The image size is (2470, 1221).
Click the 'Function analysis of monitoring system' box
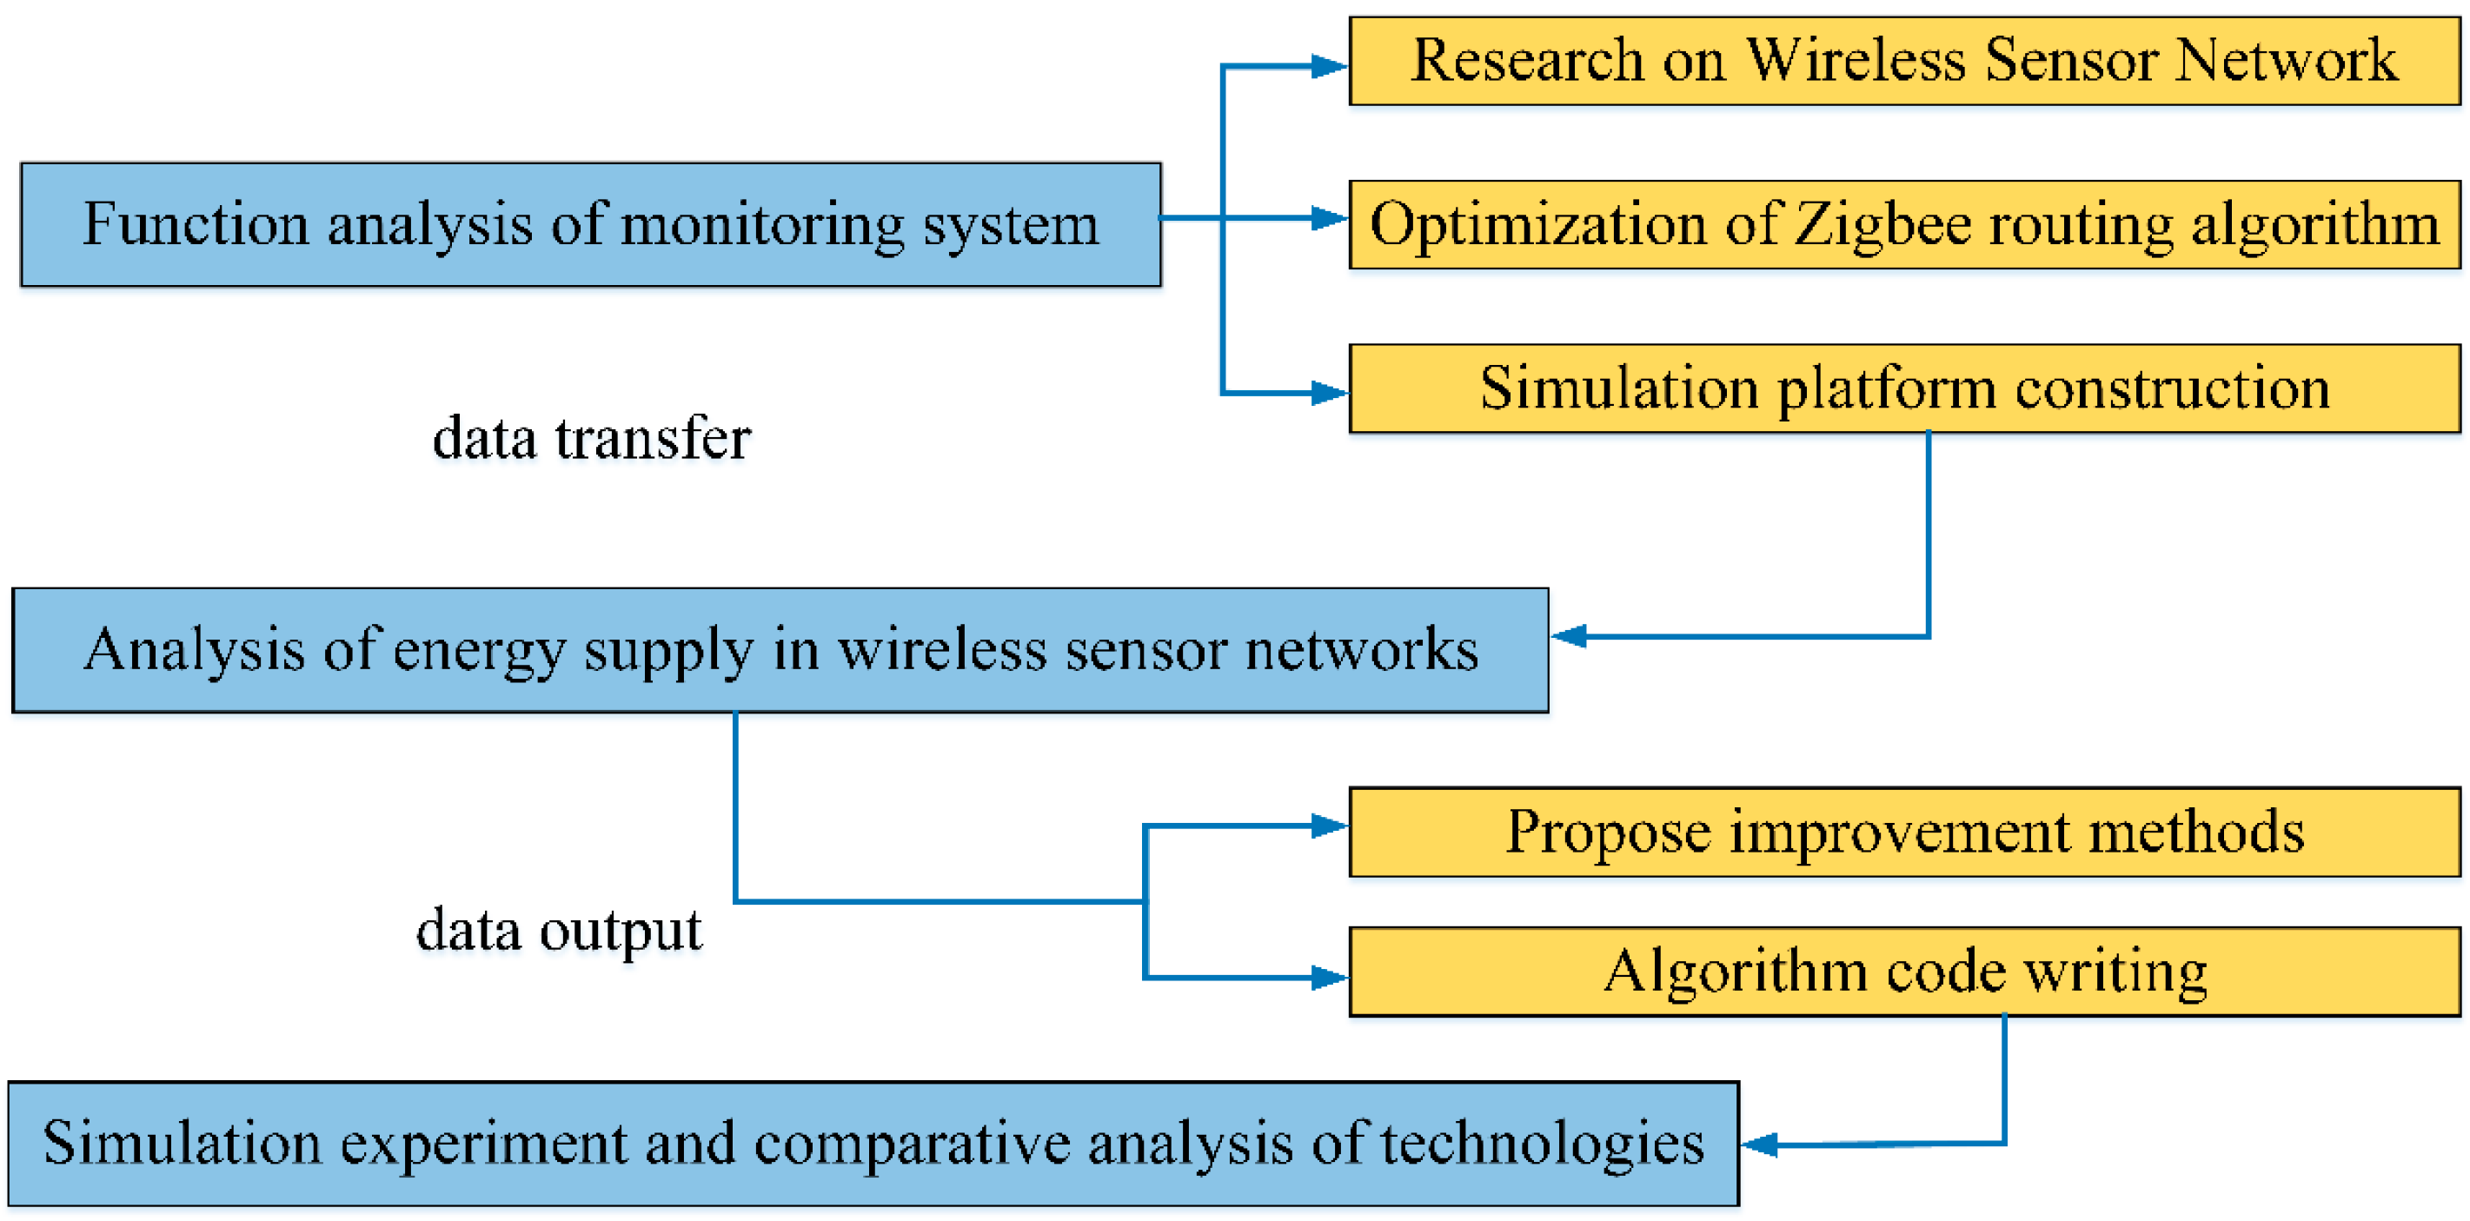590,224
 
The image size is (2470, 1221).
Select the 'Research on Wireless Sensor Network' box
1903,61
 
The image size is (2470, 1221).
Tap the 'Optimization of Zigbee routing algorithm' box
1903,224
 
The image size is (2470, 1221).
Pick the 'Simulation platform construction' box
1903,388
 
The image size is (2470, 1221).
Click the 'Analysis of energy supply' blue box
780,649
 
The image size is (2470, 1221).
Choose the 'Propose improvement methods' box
1903,832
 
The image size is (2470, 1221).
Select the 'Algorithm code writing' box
1903,971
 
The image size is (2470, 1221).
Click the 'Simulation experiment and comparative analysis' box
873,1144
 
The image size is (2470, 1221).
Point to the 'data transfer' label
591,439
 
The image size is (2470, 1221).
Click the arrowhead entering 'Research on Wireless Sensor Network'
1329,66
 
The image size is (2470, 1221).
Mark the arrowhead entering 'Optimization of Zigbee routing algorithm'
1329,219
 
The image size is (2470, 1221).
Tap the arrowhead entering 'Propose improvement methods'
1329,826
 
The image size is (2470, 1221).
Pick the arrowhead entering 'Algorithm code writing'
1329,978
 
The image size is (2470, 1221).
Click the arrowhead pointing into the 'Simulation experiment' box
1761,1145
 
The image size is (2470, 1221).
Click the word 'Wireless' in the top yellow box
1856,61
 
